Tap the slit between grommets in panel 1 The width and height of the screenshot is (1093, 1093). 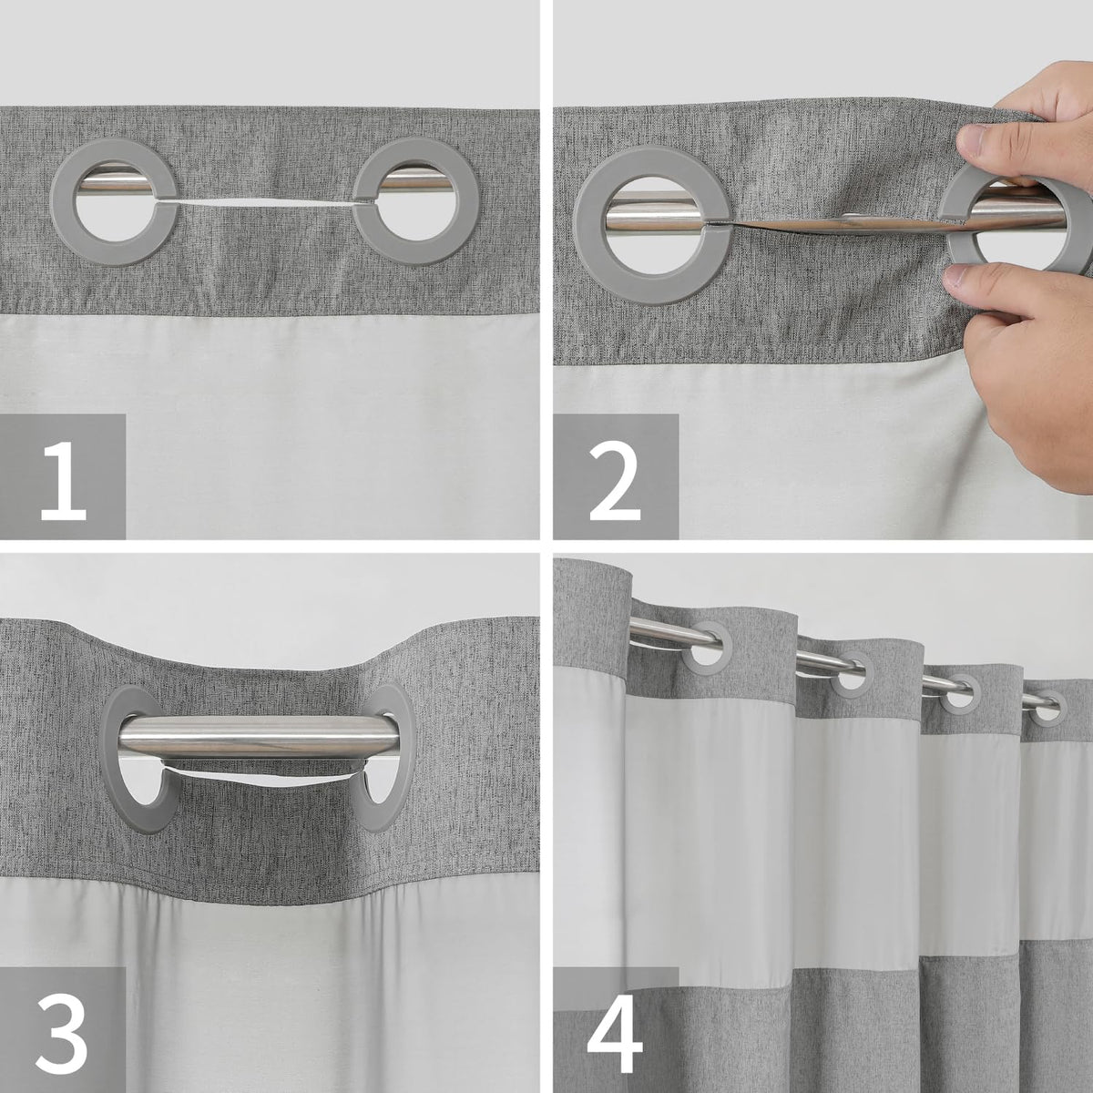click(265, 204)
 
